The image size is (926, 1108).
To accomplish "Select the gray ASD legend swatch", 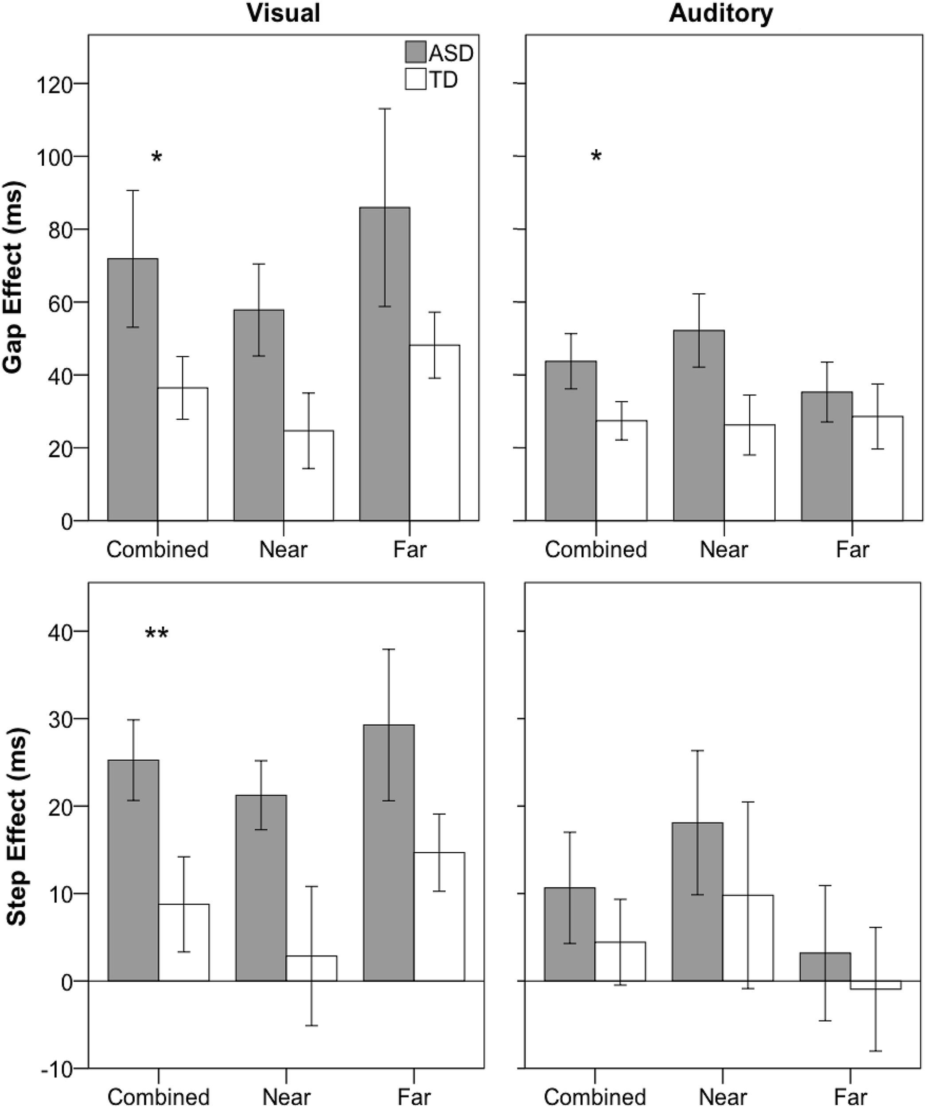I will (x=416, y=52).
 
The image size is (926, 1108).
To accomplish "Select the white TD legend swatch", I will (x=416, y=79).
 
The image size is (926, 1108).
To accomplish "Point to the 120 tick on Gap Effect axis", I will (x=53, y=84).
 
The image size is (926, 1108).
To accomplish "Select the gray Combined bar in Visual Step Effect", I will (x=133, y=870).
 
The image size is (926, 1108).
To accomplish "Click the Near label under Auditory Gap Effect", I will (x=724, y=550).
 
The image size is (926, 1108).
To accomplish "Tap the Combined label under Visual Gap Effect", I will (x=157, y=550).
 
